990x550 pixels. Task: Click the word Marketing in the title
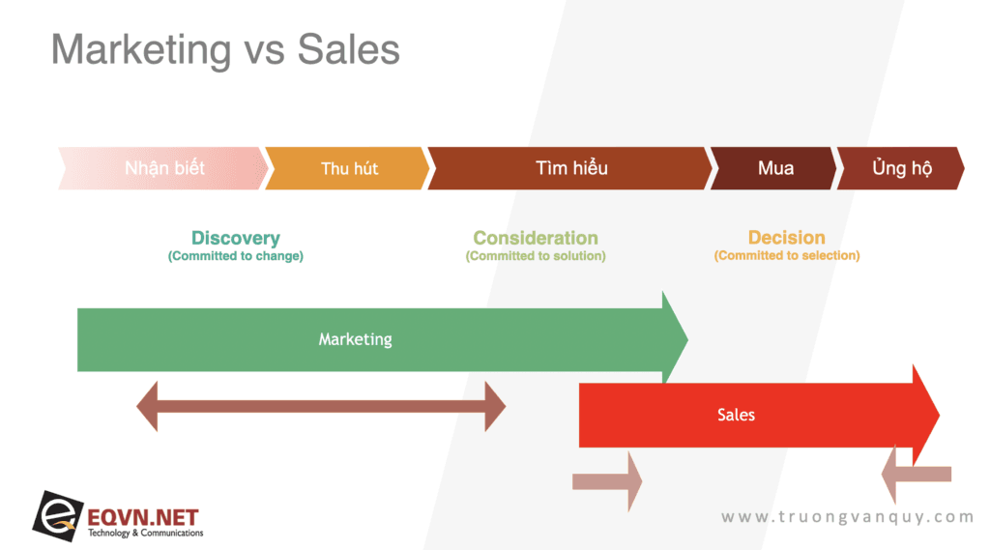(x=141, y=50)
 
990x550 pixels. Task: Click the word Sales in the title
(x=348, y=49)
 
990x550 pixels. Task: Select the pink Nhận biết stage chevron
(x=163, y=168)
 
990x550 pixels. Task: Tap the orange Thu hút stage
(x=348, y=168)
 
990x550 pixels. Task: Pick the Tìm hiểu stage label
(x=571, y=168)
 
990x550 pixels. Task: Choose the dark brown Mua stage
(x=774, y=168)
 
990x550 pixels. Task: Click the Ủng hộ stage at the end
(x=901, y=168)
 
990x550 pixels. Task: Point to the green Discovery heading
(x=236, y=238)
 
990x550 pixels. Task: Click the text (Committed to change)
(x=236, y=256)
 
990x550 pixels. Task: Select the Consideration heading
(x=536, y=238)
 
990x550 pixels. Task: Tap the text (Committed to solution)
(x=536, y=256)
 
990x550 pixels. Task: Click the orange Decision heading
(x=787, y=238)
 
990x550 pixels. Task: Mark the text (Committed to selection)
(x=787, y=255)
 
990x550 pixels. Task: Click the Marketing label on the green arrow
(x=355, y=339)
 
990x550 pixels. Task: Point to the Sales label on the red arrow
(x=736, y=415)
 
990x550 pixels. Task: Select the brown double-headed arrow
(x=321, y=406)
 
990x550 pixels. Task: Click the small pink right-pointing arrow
(x=607, y=481)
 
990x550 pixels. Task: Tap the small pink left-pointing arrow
(x=917, y=474)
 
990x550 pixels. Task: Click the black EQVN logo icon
(x=58, y=516)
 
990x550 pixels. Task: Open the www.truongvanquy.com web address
(x=847, y=517)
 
